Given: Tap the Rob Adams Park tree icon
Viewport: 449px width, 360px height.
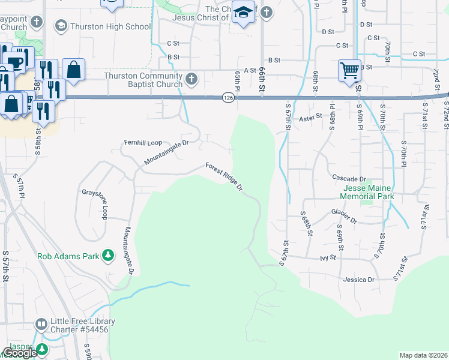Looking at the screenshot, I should click(x=109, y=256).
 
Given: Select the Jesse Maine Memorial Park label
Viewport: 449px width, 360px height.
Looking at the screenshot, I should click(x=367, y=192).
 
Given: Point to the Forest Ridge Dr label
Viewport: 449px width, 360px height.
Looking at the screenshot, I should click(x=224, y=177).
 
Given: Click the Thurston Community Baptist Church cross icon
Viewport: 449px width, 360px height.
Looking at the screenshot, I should click(x=191, y=79).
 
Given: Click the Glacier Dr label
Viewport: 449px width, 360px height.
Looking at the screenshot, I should click(x=344, y=212).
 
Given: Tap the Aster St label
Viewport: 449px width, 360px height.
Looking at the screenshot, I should click(x=311, y=119).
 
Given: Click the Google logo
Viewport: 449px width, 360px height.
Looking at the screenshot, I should click(x=19, y=353).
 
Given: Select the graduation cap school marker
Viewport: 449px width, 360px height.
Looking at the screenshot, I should click(x=243, y=13).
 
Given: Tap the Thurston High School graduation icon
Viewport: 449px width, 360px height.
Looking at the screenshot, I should click(x=61, y=26).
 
